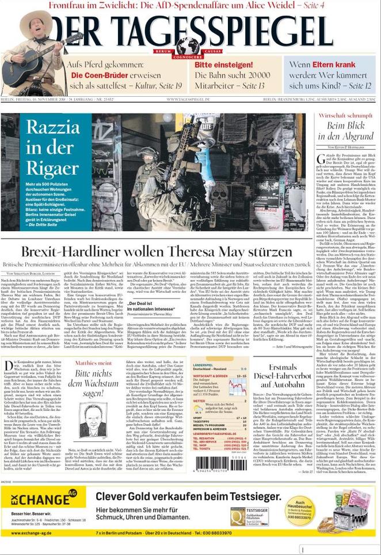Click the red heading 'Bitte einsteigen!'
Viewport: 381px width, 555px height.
coord(224,65)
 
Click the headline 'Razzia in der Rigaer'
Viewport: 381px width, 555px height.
coord(53,148)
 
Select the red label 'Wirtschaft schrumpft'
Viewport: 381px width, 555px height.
coord(342,115)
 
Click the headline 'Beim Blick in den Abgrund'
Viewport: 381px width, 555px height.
coord(342,131)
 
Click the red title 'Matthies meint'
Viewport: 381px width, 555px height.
coord(93,363)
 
